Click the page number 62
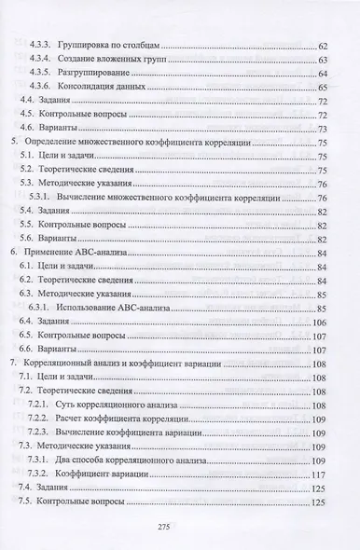[x=322, y=45]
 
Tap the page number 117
[x=319, y=474]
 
